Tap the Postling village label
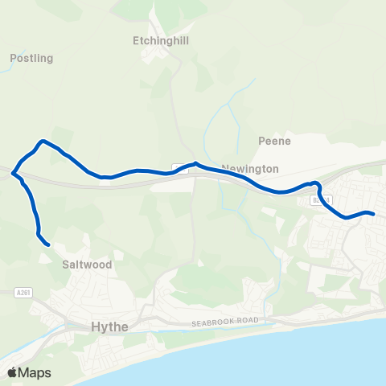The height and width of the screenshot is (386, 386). click(31, 58)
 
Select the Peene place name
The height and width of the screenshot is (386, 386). click(273, 141)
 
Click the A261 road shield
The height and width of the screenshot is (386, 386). click(23, 293)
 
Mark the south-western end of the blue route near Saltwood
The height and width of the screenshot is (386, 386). click(48, 244)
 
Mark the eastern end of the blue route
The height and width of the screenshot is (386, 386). click(374, 213)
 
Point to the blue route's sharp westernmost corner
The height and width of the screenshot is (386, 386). click(11, 170)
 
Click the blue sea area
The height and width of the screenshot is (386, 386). click(322, 354)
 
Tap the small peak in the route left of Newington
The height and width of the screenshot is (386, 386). click(196, 163)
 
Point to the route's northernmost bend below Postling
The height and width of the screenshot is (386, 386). click(44, 142)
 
